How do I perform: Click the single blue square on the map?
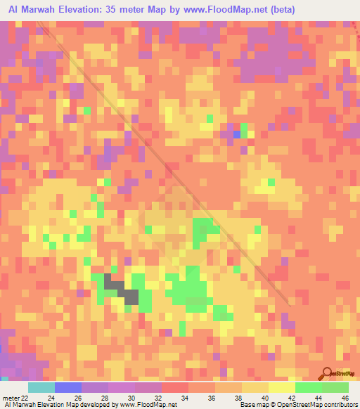(236, 134)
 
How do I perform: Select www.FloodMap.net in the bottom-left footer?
(149, 404)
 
